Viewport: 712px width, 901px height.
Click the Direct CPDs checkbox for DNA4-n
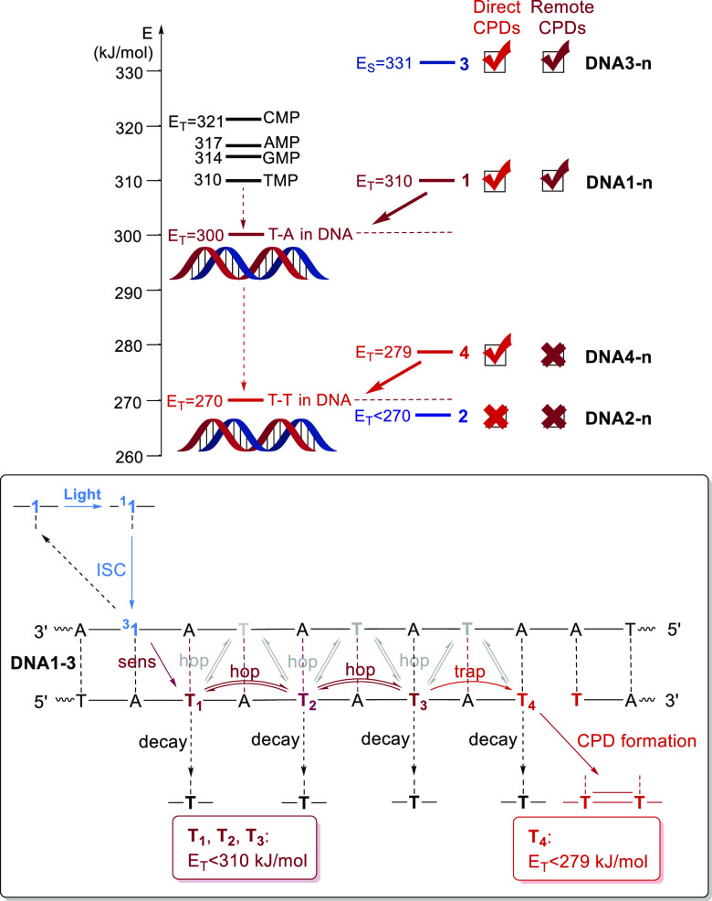496,352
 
